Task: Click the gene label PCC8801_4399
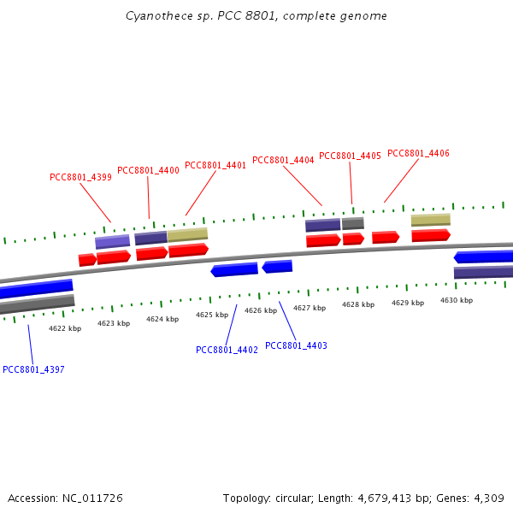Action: point(80,178)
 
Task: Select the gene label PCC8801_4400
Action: point(148,171)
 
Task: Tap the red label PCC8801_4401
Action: point(215,166)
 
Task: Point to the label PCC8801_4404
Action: point(283,161)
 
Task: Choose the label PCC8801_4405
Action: point(350,156)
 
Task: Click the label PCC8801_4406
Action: point(418,154)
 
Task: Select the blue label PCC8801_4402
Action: point(227,350)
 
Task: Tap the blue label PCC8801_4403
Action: point(296,345)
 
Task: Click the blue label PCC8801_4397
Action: point(33,369)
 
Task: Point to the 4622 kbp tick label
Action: point(65,328)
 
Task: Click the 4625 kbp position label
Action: point(212,315)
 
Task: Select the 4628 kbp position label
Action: point(358,304)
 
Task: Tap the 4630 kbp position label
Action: point(457,300)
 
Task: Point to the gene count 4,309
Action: point(485,498)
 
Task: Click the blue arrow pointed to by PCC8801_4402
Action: point(234,270)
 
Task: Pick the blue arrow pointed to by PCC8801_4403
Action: point(277,267)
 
